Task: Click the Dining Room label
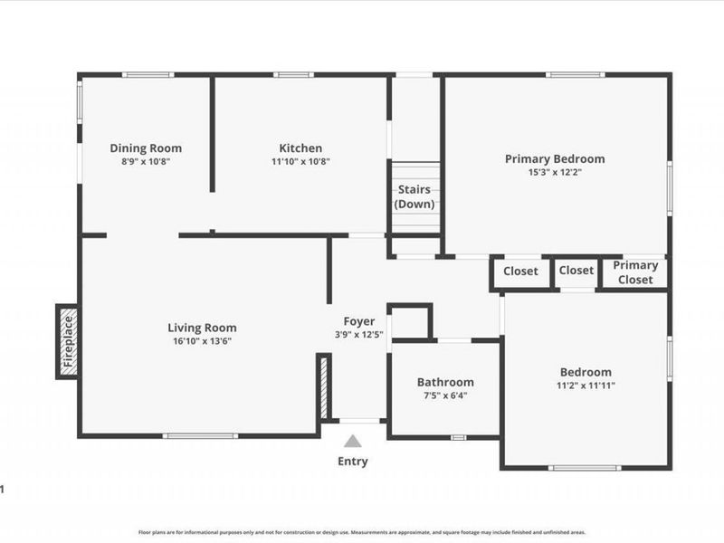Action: coord(146,148)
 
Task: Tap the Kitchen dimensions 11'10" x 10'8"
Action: coord(300,162)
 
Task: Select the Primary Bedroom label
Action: coord(554,159)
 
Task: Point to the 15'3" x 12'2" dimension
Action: coord(554,172)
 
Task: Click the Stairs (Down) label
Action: coord(415,196)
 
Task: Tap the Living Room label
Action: coord(202,328)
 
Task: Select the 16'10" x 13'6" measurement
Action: coord(202,341)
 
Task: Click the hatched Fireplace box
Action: coord(67,341)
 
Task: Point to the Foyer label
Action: coord(358,321)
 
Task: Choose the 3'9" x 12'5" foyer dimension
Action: coord(358,335)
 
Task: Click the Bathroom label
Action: coord(445,382)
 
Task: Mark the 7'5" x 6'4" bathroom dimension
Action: coord(445,395)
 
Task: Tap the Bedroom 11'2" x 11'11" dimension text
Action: coord(585,386)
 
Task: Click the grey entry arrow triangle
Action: coord(353,442)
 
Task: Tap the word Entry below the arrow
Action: coord(353,462)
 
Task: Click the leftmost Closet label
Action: coord(520,271)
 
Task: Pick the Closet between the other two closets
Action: coord(576,271)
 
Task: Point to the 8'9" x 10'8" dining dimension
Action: coord(146,162)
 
